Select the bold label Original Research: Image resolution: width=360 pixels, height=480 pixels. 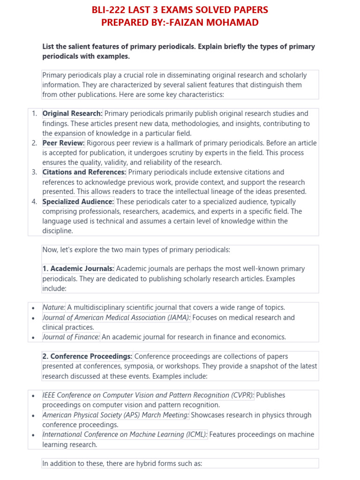[72, 113]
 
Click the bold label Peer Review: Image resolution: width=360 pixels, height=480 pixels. [63, 143]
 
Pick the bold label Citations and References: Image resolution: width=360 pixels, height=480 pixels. [84, 172]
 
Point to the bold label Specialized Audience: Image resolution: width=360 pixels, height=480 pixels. [78, 202]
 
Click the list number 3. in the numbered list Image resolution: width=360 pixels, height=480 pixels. [34, 172]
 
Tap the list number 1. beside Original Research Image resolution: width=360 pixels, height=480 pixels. [34, 113]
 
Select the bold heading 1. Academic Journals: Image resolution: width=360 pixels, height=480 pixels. [78, 269]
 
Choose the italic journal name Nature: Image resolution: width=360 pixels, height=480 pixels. [54, 307]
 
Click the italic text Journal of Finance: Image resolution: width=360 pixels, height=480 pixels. [71, 337]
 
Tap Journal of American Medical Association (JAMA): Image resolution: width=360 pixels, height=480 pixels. [116, 317]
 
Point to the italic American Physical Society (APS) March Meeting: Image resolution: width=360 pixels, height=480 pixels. [116, 415]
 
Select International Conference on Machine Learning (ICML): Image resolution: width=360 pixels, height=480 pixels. [125, 435]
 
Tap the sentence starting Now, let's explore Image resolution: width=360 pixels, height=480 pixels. [136, 250]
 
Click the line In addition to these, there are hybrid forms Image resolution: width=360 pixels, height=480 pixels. [122, 464]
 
